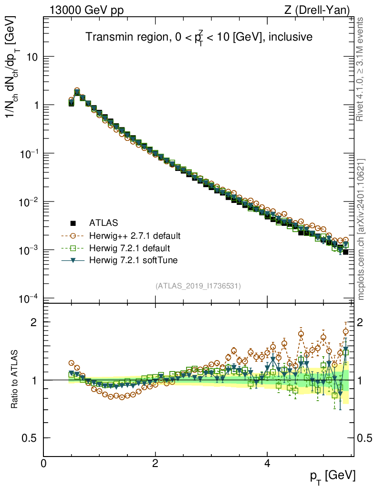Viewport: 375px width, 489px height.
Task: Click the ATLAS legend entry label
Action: (x=104, y=223)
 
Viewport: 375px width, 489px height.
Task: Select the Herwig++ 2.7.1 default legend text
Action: (x=135, y=235)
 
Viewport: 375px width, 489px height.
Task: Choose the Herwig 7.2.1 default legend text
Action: (x=130, y=248)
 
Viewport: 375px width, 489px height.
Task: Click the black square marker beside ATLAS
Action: (x=73, y=223)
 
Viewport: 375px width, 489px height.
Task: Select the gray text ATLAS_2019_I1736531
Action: (x=198, y=286)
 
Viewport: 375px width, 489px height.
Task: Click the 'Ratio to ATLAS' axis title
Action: (x=15, y=380)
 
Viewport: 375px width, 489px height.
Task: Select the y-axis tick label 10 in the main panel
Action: (x=31, y=57)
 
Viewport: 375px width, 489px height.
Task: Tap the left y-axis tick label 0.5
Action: (x=30, y=438)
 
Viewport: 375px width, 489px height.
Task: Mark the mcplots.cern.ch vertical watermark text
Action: (x=361, y=229)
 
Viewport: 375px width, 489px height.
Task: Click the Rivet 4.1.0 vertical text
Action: (x=361, y=69)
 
